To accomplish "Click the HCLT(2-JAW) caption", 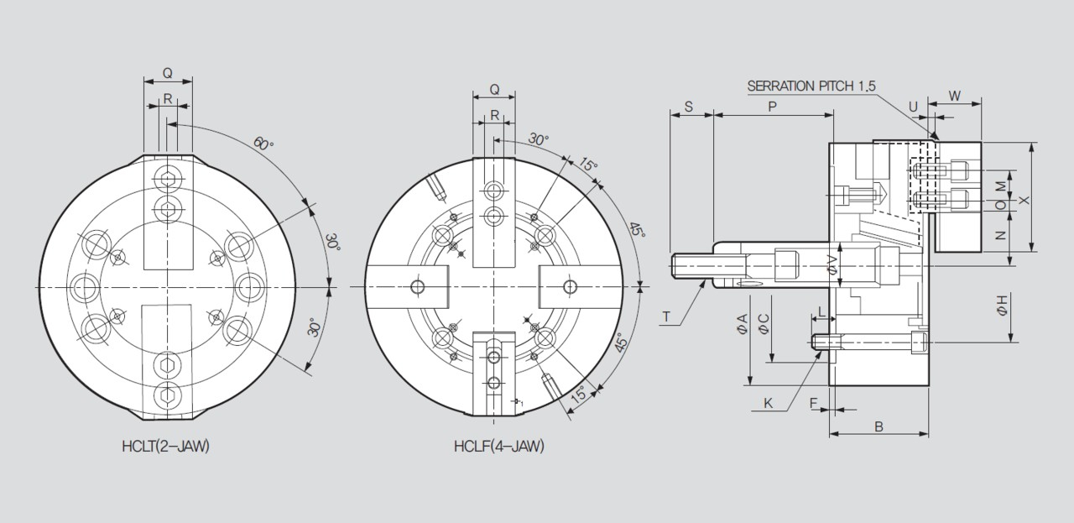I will pyautogui.click(x=165, y=447).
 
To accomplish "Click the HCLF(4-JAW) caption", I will pyautogui.click(x=500, y=447).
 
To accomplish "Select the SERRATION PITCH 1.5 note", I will pyautogui.click(x=811, y=86).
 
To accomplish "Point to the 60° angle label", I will pyautogui.click(x=263, y=144).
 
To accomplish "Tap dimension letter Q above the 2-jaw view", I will pyautogui.click(x=168, y=73).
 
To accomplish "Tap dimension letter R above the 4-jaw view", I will pyautogui.click(x=494, y=115).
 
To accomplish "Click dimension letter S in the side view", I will pyautogui.click(x=689, y=107).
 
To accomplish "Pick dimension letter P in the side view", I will pyautogui.click(x=772, y=107).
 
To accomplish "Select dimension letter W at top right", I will pyautogui.click(x=955, y=96).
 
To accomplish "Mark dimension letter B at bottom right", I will pyautogui.click(x=878, y=426).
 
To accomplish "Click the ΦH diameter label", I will pyautogui.click(x=1002, y=306).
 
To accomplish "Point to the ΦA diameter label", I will pyautogui.click(x=742, y=324).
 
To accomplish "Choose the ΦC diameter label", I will pyautogui.click(x=764, y=324).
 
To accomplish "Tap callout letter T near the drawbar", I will pyautogui.click(x=666, y=316).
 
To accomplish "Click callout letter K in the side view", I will pyautogui.click(x=768, y=403).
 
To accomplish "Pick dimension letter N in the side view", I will pyautogui.click(x=1000, y=236).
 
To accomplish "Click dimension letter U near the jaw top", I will pyautogui.click(x=913, y=107).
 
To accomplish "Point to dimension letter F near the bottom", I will pyautogui.click(x=814, y=403).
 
